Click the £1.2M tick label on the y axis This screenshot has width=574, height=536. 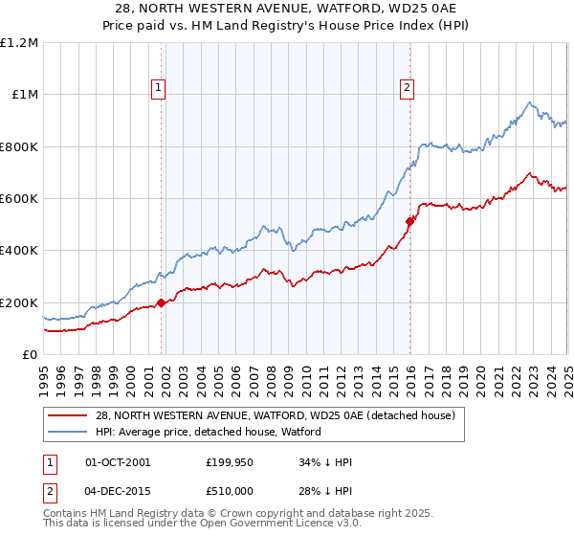[x=19, y=43]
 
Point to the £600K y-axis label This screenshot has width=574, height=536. [x=19, y=199]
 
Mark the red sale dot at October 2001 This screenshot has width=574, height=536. [x=162, y=302]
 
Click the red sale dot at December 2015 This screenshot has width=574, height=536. [x=409, y=222]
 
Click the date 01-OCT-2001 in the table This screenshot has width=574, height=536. [x=118, y=462]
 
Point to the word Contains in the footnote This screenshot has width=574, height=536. [x=67, y=514]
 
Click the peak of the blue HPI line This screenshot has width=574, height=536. [x=530, y=100]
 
